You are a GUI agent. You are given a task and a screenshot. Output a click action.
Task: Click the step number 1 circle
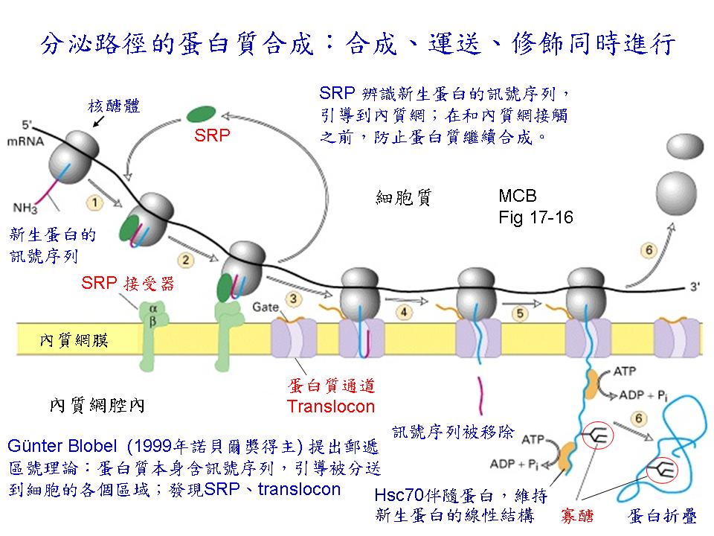click(x=94, y=202)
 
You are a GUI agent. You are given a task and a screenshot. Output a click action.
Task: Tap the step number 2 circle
click(x=186, y=261)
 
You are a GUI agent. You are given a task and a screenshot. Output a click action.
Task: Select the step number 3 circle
click(x=294, y=299)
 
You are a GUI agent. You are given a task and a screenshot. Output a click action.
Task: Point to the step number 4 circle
click(x=404, y=313)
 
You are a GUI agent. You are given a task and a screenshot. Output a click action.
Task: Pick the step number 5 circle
click(x=520, y=313)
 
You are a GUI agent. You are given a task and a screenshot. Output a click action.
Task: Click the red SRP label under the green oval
click(x=212, y=135)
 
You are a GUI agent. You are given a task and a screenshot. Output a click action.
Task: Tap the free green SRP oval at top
click(x=202, y=114)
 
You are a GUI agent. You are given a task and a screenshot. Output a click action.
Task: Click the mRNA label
click(x=26, y=141)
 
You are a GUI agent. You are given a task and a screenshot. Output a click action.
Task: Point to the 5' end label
click(x=28, y=125)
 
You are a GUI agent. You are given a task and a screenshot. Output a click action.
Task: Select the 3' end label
click(x=695, y=287)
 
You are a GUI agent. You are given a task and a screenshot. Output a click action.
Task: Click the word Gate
click(x=266, y=307)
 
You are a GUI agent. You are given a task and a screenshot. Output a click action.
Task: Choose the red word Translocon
click(x=330, y=406)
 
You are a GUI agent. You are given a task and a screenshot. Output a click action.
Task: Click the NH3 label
click(x=25, y=208)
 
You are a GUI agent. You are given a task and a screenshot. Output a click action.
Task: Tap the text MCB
click(x=518, y=196)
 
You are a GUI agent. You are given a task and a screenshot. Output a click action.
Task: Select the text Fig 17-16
click(x=535, y=217)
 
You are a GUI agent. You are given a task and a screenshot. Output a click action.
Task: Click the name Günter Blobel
click(x=62, y=445)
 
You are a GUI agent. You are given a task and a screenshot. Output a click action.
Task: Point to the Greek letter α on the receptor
click(x=153, y=309)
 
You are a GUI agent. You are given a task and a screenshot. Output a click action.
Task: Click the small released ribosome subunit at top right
click(x=685, y=146)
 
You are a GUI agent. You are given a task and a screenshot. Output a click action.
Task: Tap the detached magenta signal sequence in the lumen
click(x=480, y=395)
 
